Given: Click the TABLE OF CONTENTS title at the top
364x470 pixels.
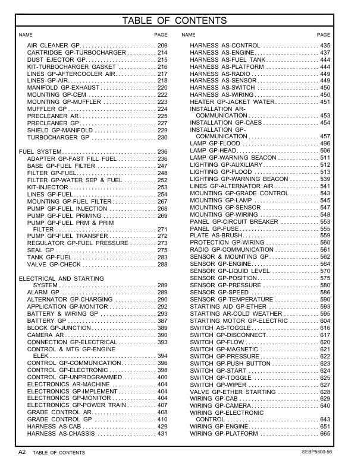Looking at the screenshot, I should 182,21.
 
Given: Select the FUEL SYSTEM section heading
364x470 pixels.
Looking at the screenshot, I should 33,152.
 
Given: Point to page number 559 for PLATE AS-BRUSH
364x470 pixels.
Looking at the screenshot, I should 325,236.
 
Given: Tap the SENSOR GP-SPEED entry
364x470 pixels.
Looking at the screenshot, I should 219,293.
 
